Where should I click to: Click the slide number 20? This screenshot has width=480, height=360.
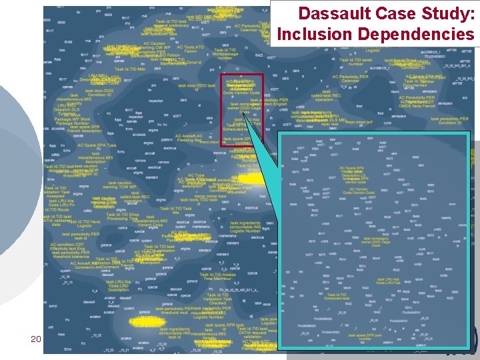click(x=36, y=339)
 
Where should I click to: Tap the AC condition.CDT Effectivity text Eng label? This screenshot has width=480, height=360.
click(x=68, y=247)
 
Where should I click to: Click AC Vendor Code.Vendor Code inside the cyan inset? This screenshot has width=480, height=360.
click(x=358, y=191)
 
